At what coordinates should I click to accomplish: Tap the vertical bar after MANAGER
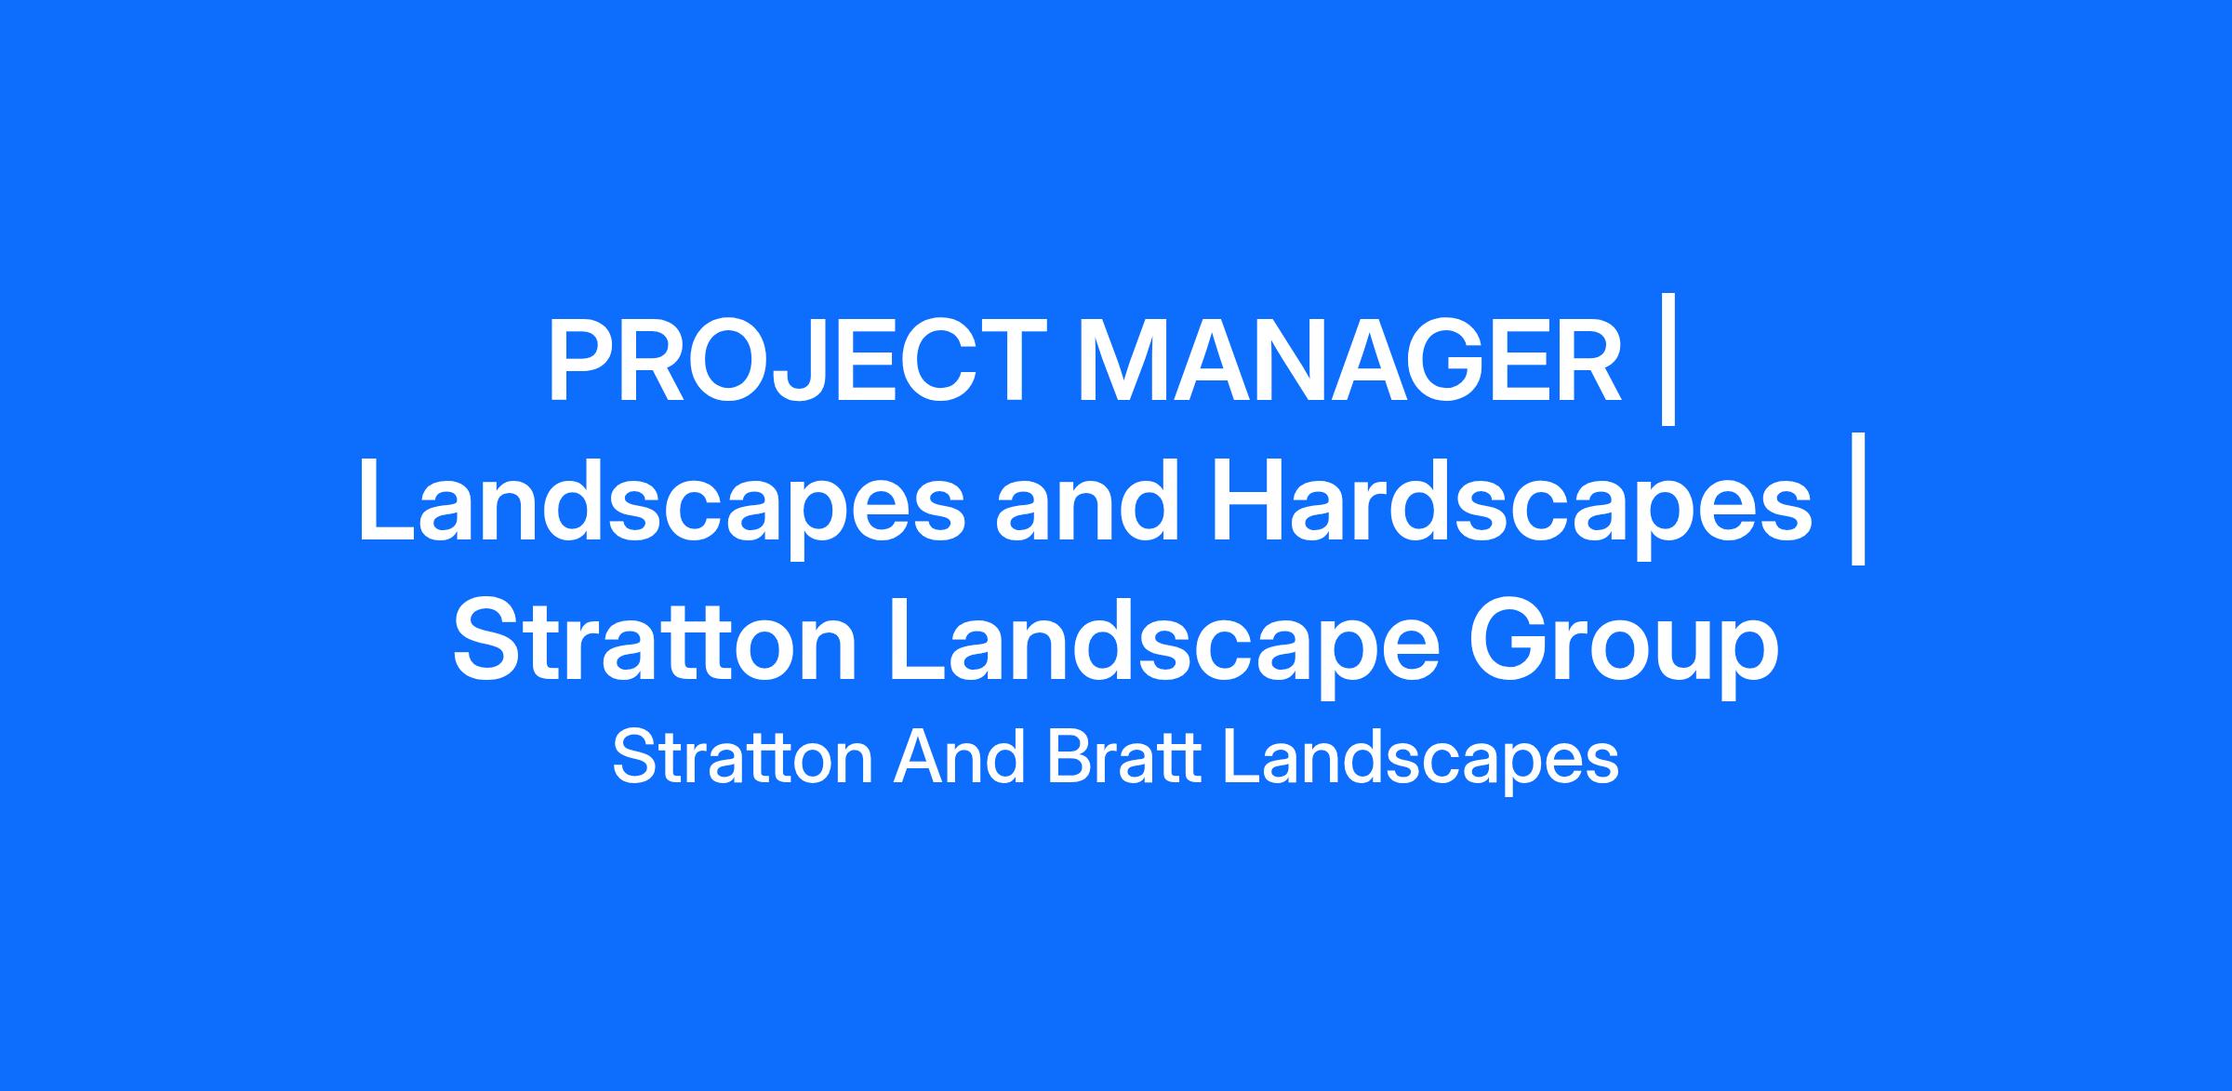[1668, 361]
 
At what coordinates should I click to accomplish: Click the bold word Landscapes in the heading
[662, 503]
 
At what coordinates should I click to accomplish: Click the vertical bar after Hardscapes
[1858, 499]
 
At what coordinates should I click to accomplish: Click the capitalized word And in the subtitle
[960, 758]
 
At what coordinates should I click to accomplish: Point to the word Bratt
[1124, 758]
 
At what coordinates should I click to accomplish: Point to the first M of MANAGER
[1125, 362]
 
